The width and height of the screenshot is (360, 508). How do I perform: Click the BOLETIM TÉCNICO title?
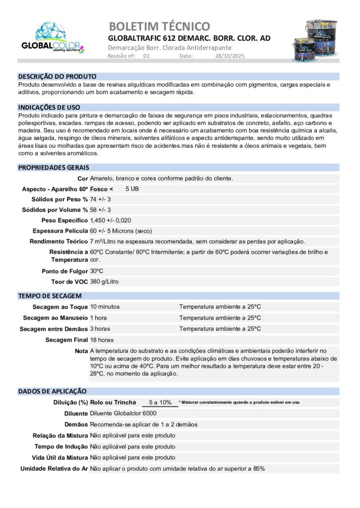click(159, 26)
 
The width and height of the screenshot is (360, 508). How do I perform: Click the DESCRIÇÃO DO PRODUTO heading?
click(57, 76)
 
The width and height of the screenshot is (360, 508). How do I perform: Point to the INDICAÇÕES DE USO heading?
click(49, 107)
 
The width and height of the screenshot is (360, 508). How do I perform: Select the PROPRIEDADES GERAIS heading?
click(54, 167)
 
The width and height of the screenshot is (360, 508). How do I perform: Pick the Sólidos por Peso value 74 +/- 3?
click(100, 199)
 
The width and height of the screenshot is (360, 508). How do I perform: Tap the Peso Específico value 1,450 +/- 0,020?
click(110, 220)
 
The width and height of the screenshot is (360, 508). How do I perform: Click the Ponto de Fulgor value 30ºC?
click(96, 271)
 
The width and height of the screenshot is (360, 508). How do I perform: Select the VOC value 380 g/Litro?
click(104, 282)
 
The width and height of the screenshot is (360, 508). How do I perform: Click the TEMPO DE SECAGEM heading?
click(46, 296)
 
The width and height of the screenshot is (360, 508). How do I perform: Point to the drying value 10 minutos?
click(105, 307)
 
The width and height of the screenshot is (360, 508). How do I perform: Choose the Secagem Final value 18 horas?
click(102, 340)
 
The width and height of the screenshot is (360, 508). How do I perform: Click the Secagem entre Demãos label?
click(54, 329)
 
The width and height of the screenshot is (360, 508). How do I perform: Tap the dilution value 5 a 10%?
click(159, 402)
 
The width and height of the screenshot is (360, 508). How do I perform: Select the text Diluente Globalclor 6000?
click(123, 414)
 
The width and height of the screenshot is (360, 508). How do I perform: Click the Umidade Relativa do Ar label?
click(54, 468)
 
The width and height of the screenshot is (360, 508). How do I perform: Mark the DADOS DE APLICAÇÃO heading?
click(52, 391)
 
